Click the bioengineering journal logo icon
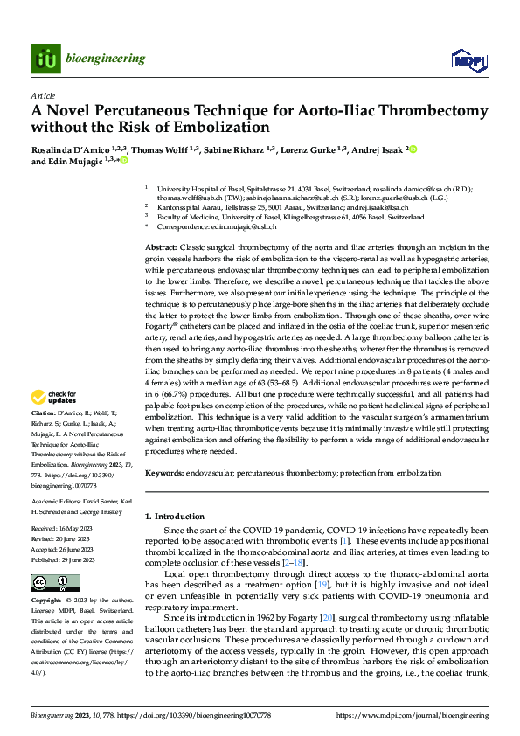click(45, 59)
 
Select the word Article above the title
click(43, 95)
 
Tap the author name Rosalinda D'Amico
click(69, 150)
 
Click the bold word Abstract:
click(162, 249)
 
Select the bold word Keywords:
click(164, 472)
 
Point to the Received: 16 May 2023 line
click(65, 530)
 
